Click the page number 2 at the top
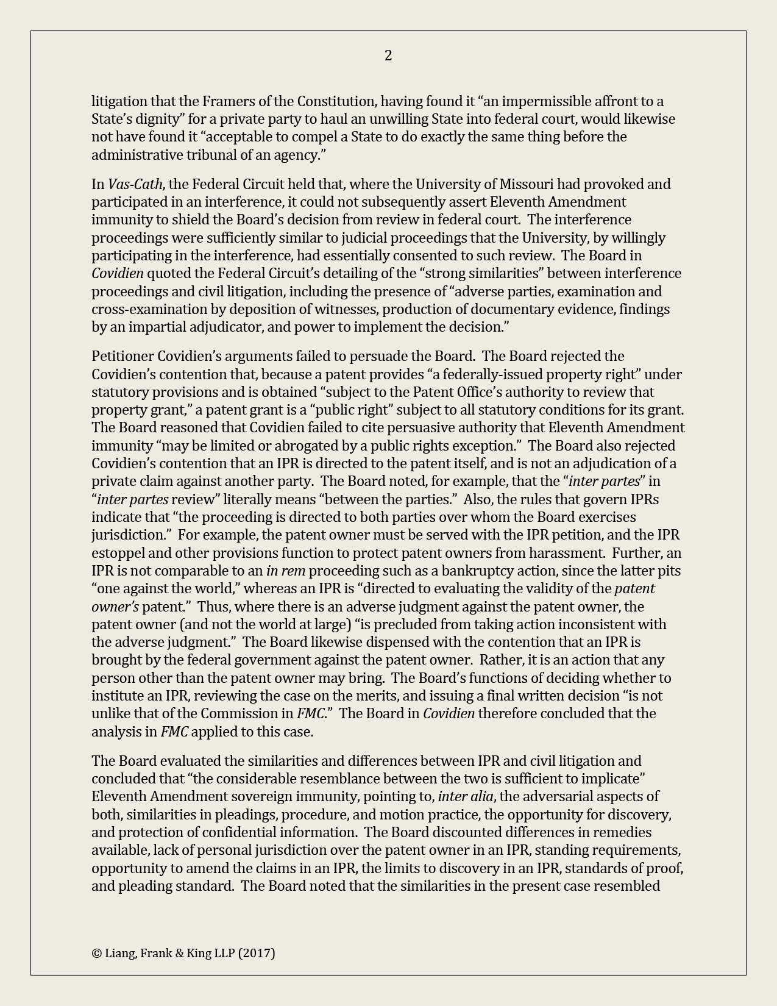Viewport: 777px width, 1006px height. (388, 55)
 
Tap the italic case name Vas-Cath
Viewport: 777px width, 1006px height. (135, 184)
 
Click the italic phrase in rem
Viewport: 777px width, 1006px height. (286, 571)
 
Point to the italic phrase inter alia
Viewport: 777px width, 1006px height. (465, 796)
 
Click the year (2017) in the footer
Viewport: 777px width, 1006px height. (257, 953)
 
